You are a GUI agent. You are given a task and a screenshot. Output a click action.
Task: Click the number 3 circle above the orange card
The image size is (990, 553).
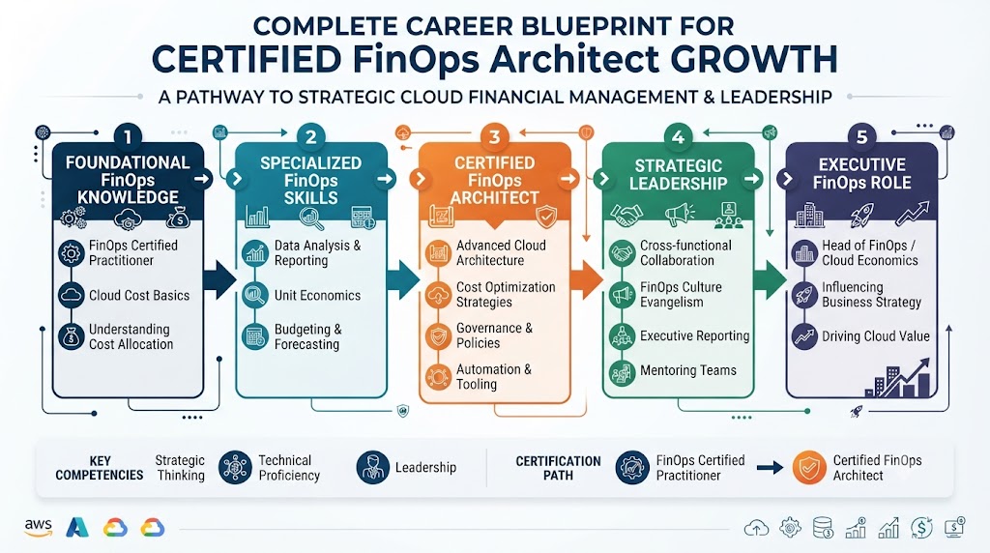click(494, 137)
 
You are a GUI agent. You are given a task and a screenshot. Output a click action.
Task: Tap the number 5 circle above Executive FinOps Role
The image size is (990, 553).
click(861, 137)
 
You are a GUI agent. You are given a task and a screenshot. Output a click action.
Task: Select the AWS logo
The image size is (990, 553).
click(39, 527)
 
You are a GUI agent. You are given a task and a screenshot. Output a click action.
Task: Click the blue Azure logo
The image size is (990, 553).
click(77, 527)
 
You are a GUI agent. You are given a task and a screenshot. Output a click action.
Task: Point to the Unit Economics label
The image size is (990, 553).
click(317, 296)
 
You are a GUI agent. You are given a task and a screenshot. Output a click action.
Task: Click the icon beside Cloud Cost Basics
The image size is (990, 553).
click(72, 295)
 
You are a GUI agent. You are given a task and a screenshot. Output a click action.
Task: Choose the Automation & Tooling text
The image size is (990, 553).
click(494, 377)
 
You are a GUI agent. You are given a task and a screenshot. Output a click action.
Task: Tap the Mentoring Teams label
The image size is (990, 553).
click(688, 370)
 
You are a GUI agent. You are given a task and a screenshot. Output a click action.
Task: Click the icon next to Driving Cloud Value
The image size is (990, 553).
click(804, 336)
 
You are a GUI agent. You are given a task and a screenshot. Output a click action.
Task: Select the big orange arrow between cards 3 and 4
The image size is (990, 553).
click(586, 279)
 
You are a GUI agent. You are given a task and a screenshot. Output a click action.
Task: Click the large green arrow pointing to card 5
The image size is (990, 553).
click(770, 279)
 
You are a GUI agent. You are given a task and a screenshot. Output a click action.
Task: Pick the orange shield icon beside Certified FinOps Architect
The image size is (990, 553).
click(809, 468)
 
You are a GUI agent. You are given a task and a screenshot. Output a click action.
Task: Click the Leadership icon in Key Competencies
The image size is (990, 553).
click(372, 468)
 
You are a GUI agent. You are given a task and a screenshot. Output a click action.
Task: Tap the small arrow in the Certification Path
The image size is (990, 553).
click(770, 468)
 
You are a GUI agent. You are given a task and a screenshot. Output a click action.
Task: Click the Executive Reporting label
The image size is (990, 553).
click(694, 335)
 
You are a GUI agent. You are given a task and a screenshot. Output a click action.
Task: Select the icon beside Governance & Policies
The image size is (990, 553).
click(438, 336)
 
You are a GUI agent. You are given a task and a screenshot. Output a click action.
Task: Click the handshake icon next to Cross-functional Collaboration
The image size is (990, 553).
click(622, 253)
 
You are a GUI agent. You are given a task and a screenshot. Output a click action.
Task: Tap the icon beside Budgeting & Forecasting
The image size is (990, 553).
click(255, 336)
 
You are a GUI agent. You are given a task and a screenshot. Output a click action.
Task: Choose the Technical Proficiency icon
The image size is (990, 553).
click(235, 468)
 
